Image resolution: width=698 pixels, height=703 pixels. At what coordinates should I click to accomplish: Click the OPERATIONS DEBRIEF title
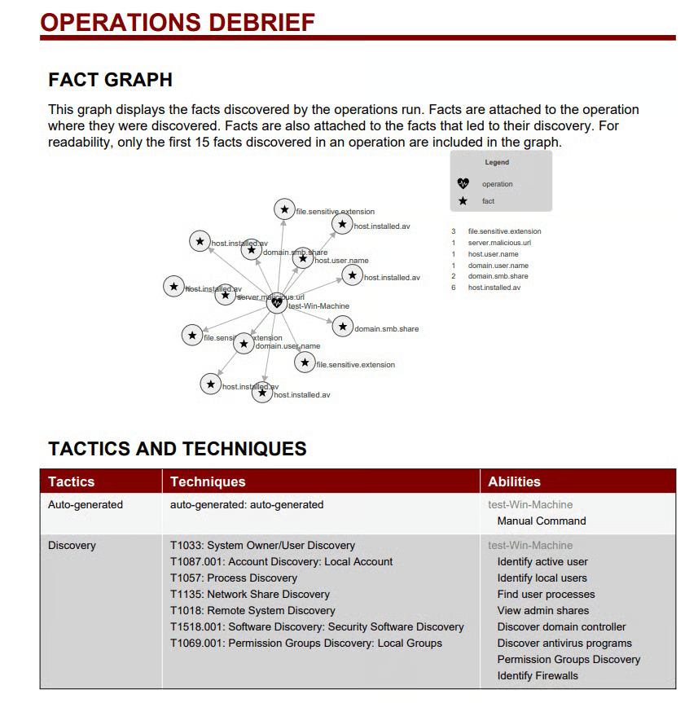coord(178,22)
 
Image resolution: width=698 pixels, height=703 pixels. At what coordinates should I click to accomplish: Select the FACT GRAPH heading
coord(110,80)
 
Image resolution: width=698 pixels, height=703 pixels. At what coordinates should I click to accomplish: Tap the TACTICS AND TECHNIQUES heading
coord(177,448)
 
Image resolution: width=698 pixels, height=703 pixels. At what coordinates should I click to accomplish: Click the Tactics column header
coord(71,481)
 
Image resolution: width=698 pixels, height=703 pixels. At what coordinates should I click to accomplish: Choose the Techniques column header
coord(208,481)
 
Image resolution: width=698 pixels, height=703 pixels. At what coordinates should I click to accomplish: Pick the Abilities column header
coord(514,481)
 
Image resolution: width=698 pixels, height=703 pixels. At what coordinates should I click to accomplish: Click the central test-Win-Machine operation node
coord(277,303)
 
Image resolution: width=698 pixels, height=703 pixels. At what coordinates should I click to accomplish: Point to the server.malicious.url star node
coord(226,295)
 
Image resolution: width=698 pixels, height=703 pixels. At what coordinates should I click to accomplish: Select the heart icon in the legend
coord(463,184)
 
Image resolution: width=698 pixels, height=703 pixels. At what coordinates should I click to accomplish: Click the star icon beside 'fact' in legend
coord(463,201)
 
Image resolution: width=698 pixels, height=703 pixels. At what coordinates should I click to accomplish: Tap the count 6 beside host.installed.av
coord(454,288)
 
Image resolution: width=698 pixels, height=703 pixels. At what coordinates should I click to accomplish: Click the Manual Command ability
coord(541,521)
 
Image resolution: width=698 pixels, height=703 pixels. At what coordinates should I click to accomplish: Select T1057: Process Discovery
coord(233,578)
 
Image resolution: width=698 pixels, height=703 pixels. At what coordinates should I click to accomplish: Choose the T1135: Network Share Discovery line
coord(249,594)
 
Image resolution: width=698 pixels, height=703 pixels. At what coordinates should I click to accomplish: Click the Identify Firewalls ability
coord(538,675)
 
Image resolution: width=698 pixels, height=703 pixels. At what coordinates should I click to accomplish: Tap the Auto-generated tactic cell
coord(85,504)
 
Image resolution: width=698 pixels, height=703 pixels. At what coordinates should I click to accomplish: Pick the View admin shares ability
coord(542,610)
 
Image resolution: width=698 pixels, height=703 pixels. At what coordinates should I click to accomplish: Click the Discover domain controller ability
coord(561,626)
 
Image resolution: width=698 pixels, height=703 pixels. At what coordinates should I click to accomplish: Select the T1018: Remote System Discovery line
coord(252,610)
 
